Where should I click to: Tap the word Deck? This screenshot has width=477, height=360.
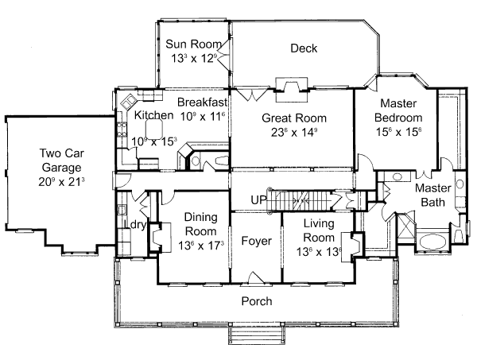tap(304, 48)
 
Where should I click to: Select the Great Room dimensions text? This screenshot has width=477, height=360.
tap(294, 133)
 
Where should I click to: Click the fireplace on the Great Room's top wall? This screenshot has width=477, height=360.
tap(292, 86)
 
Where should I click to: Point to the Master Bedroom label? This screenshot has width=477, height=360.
tap(399, 103)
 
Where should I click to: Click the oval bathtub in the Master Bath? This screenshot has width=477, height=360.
tap(435, 242)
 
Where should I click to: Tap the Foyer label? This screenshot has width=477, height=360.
tap(256, 241)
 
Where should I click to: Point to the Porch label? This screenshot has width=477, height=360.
tap(256, 301)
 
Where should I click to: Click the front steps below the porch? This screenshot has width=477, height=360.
tap(256, 335)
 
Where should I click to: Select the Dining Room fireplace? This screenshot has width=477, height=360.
tap(156, 236)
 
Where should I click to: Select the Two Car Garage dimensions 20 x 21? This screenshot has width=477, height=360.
tap(55, 182)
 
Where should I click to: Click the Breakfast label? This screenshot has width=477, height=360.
tap(202, 103)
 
